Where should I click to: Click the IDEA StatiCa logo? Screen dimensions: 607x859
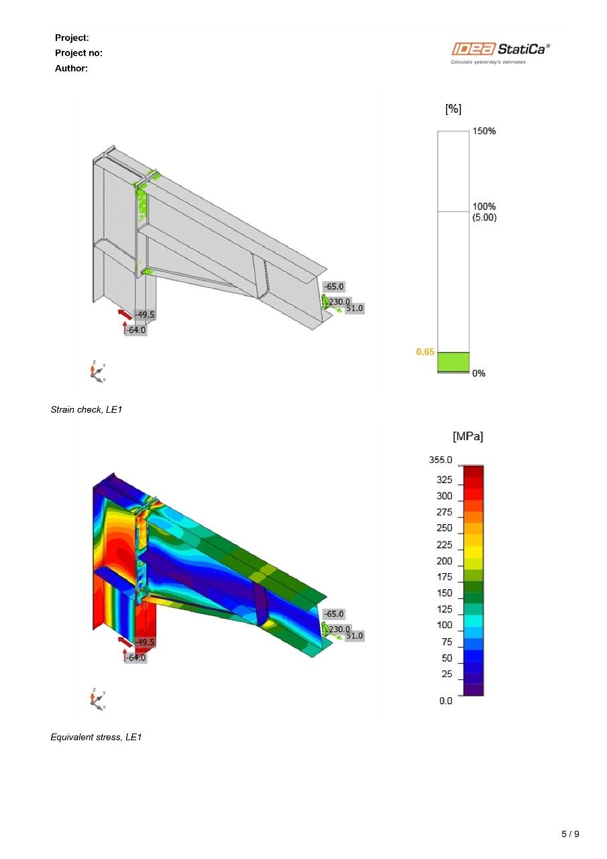click(500, 53)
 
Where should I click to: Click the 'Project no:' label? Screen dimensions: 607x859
click(78, 53)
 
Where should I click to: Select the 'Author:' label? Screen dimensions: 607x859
click(71, 68)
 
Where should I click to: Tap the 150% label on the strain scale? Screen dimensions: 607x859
click(484, 131)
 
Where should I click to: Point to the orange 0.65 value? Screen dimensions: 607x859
click(425, 352)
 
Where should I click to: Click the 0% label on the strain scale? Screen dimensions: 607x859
click(479, 373)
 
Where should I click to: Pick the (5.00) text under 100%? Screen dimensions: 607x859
click(484, 217)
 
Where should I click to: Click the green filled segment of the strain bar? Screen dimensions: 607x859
click(453, 362)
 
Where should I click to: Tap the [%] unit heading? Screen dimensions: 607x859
click(453, 109)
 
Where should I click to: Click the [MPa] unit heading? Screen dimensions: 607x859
click(468, 436)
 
